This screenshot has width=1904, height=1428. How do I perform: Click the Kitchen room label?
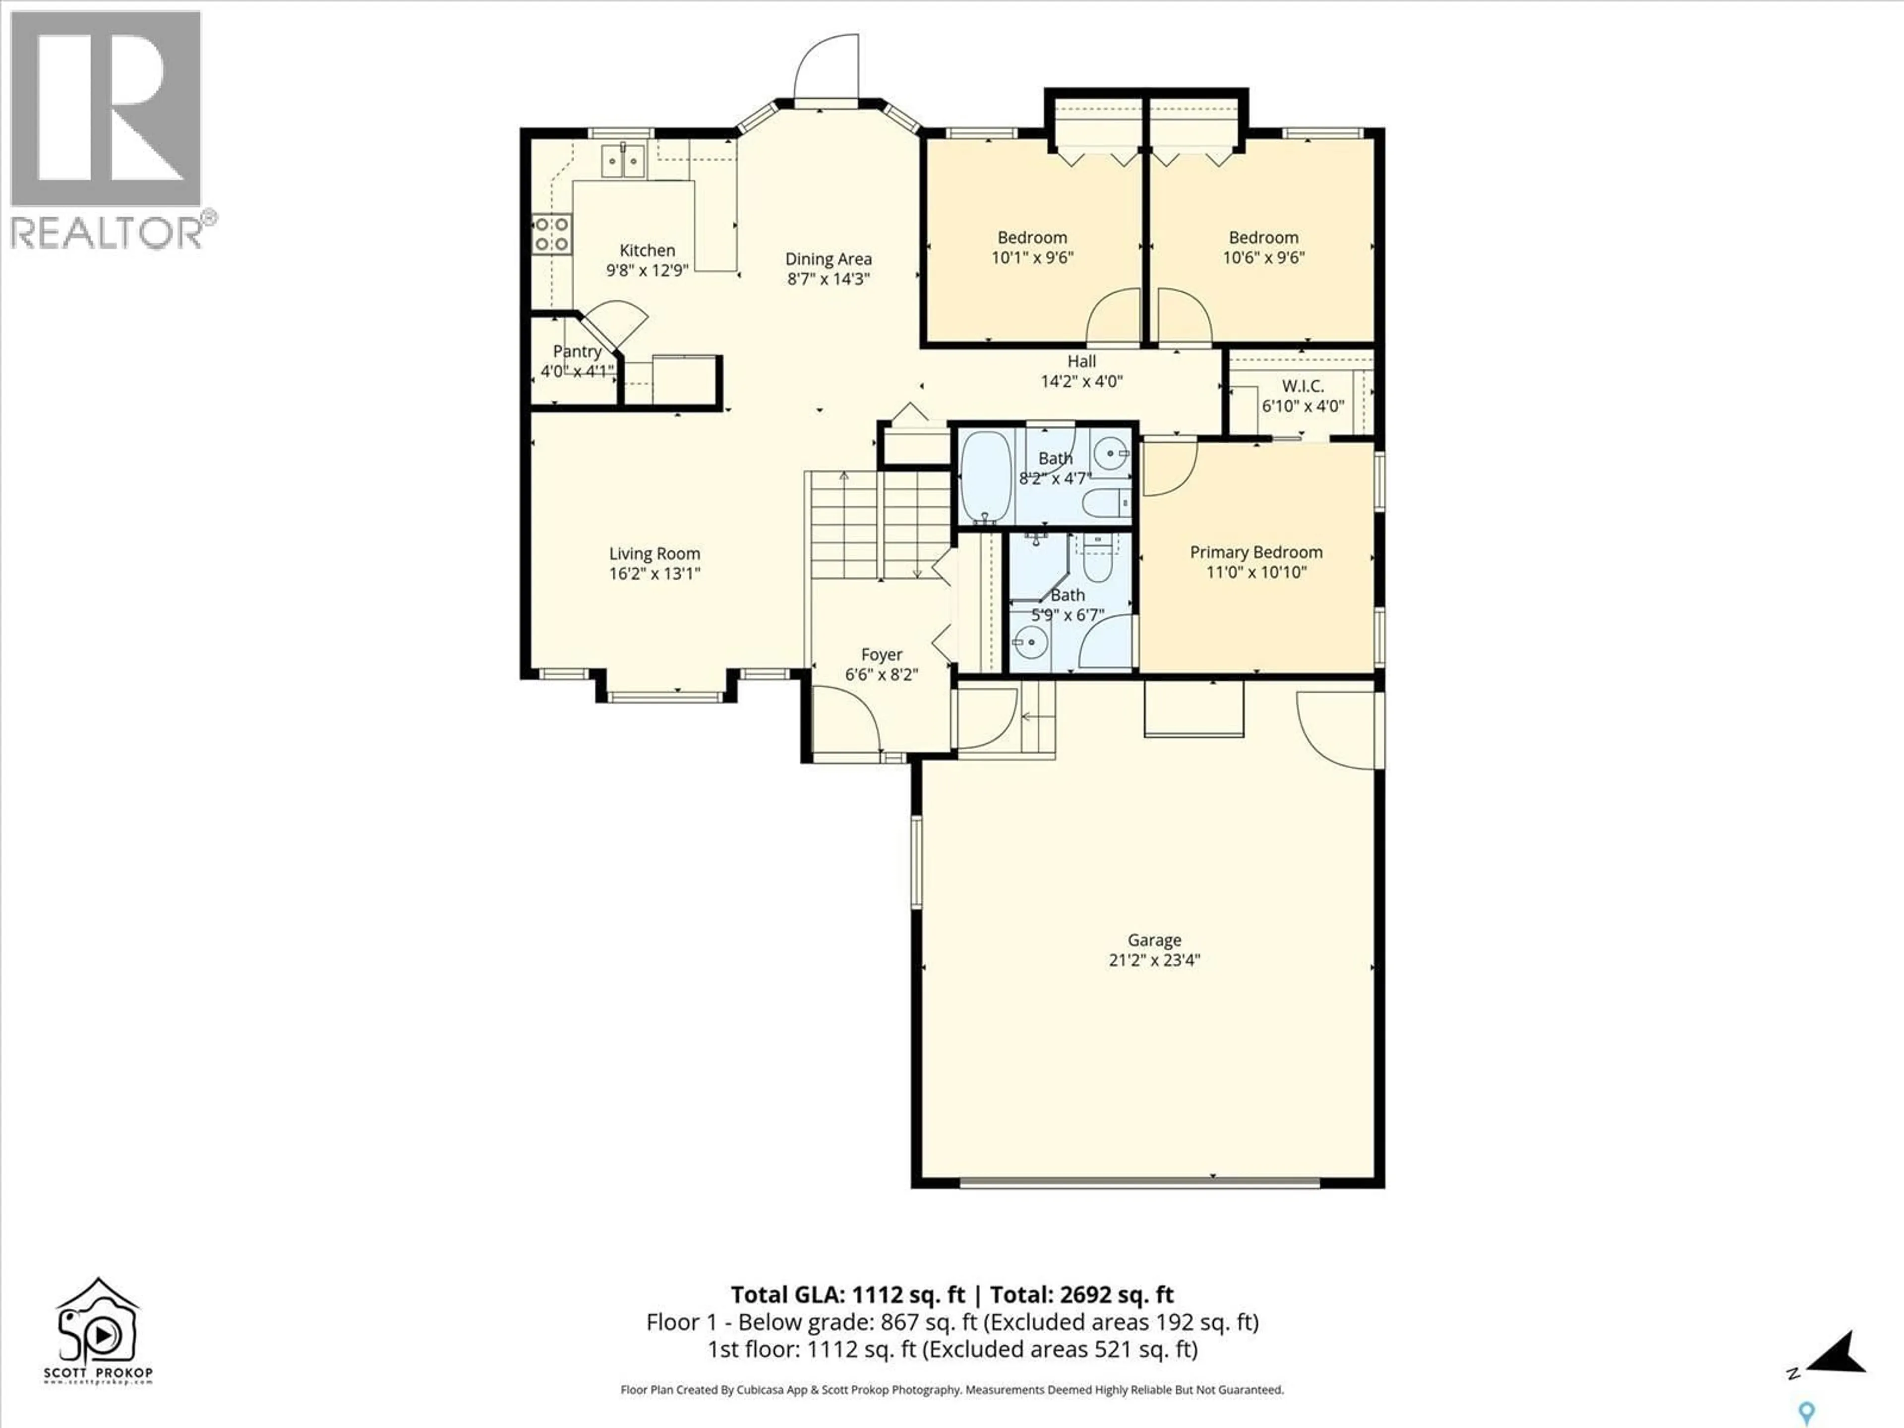click(x=647, y=250)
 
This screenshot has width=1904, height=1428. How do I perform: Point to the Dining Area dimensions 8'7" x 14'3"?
click(x=828, y=279)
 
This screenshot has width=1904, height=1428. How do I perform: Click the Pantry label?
click(x=577, y=351)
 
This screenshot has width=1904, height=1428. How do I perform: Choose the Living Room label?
click(x=654, y=553)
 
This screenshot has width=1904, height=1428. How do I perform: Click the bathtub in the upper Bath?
click(x=986, y=477)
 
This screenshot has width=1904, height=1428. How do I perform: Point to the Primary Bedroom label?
click(x=1256, y=552)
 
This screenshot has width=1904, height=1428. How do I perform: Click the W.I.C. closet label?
click(x=1303, y=386)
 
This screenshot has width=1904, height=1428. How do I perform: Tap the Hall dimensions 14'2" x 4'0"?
click(x=1082, y=381)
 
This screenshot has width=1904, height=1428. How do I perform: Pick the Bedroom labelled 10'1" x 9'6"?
click(x=1032, y=238)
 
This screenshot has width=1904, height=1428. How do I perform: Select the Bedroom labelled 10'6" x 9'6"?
click(x=1263, y=238)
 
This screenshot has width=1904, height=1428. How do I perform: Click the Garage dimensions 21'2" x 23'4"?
click(x=1154, y=960)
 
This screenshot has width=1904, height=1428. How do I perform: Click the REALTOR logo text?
click(x=108, y=233)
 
